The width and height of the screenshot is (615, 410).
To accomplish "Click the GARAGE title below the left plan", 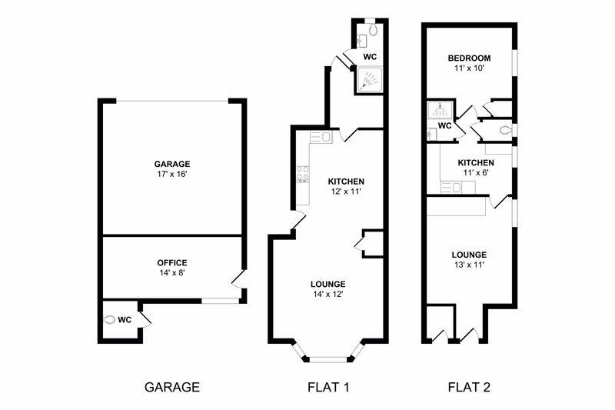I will click(x=172, y=387).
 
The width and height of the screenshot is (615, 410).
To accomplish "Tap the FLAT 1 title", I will click(x=328, y=387).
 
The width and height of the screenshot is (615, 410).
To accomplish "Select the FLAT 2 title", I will click(x=469, y=387).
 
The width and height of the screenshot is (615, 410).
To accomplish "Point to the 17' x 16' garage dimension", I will click(x=171, y=175).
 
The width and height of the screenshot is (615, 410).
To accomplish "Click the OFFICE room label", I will click(x=171, y=262).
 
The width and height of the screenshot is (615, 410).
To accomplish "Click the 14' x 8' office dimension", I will click(x=171, y=272).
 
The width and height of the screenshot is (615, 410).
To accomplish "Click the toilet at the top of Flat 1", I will click(x=373, y=31).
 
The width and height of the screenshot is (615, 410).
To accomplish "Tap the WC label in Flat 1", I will click(x=370, y=57).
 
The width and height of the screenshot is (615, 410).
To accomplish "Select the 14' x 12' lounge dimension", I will click(x=328, y=293).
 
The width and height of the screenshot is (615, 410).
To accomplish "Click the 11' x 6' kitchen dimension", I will click(x=476, y=174).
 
